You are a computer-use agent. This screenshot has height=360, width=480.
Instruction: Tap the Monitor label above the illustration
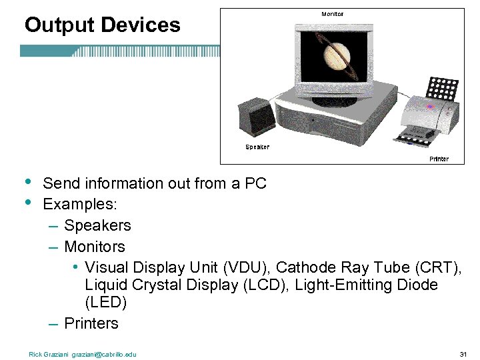click(x=333, y=14)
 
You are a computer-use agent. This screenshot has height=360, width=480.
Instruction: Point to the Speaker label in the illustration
click(x=257, y=147)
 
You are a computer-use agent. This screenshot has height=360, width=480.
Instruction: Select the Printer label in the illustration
click(x=439, y=159)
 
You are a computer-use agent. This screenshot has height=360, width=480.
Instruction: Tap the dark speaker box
click(x=257, y=117)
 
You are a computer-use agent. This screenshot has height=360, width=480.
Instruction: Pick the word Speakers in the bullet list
click(x=97, y=225)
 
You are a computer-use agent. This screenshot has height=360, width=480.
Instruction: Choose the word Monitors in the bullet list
click(x=95, y=247)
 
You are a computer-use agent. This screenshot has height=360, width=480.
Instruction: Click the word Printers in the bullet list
click(x=91, y=323)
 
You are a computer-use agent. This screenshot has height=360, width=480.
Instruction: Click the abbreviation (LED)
click(x=105, y=302)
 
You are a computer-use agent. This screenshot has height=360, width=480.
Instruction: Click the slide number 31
click(x=463, y=353)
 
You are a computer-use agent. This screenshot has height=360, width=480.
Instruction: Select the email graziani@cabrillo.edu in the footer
click(x=104, y=354)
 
